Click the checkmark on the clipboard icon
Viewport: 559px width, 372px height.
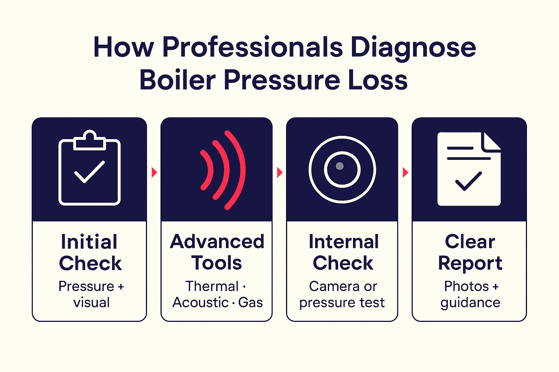(89, 172)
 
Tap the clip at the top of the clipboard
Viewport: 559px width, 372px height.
(89, 140)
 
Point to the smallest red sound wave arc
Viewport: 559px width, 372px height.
(207, 170)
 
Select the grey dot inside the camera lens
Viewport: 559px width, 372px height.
(340, 166)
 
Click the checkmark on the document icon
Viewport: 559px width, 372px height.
(468, 181)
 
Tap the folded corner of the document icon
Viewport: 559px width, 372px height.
(491, 142)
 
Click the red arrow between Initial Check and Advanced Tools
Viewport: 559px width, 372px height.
(154, 173)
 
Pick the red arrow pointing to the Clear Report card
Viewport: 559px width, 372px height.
(405, 173)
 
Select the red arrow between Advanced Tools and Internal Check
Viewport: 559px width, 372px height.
(280, 173)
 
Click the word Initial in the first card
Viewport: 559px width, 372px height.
(89, 242)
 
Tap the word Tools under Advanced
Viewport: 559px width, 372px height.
(217, 263)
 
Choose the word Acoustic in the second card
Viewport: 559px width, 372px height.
(201, 302)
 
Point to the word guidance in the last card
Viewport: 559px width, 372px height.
(470, 303)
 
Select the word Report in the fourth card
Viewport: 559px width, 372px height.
(470, 264)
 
